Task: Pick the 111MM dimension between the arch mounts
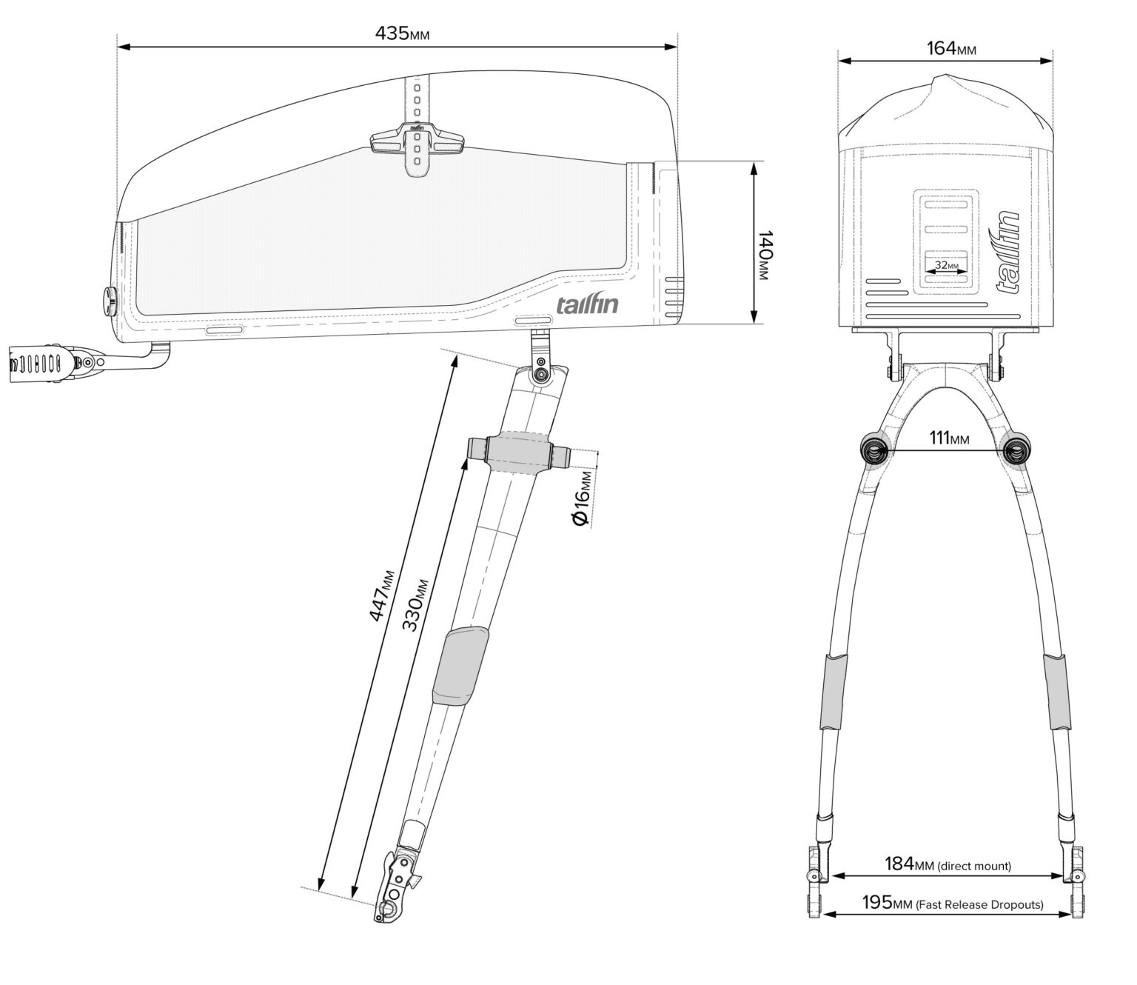pyautogui.click(x=949, y=438)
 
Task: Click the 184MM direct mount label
pyautogui.click(x=947, y=864)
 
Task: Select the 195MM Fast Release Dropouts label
pyautogui.click(x=952, y=904)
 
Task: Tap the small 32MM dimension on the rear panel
pyautogui.click(x=946, y=264)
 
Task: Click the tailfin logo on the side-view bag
pyautogui.click(x=587, y=304)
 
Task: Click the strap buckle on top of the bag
pyautogui.click(x=418, y=140)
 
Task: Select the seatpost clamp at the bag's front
pyautogui.click(x=44, y=363)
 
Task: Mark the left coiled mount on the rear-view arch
pyautogui.click(x=875, y=449)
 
